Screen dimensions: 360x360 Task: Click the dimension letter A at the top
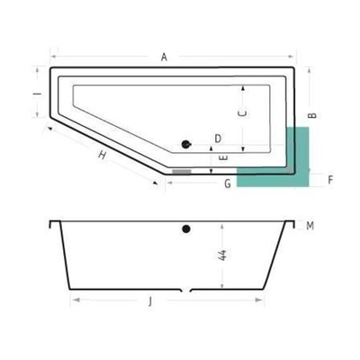165,58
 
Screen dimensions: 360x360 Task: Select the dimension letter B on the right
311,115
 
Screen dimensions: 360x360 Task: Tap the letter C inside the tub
240,113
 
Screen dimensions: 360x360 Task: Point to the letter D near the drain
218,138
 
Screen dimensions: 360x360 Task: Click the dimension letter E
223,157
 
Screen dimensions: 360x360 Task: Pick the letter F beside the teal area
330,180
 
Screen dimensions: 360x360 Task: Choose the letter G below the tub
229,184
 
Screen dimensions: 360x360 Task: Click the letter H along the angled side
103,156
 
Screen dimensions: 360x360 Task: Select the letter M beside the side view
310,225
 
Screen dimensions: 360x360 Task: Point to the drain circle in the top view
187,142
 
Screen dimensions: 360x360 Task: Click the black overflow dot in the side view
186,229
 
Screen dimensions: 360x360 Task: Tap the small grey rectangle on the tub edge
182,169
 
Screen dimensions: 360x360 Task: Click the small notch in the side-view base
186,292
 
